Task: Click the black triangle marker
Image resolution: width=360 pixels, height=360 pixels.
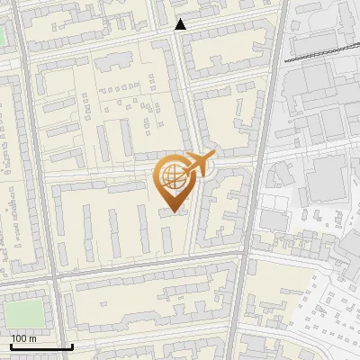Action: [180, 25]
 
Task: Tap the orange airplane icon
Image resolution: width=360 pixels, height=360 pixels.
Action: [199, 164]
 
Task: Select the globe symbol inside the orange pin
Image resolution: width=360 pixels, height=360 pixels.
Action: [171, 174]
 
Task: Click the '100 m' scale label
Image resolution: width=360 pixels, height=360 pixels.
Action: [23, 338]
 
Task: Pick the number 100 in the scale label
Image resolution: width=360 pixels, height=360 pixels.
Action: [19, 338]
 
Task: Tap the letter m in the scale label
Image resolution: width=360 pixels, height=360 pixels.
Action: [32, 338]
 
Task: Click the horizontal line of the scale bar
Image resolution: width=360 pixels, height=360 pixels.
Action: [40, 346]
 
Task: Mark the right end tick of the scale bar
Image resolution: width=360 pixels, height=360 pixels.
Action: [72, 345]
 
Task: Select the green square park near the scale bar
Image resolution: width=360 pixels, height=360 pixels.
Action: [22, 313]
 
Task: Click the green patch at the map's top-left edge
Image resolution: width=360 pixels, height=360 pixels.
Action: [3, 36]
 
